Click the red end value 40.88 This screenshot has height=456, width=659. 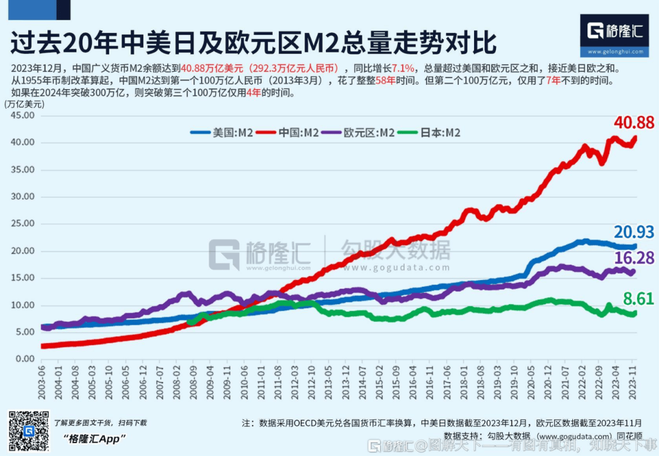[634, 123]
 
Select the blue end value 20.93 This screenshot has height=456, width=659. [634, 232]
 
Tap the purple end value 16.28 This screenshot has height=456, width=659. [634, 258]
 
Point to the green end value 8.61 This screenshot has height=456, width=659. [638, 299]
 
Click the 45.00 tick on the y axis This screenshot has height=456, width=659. [23, 115]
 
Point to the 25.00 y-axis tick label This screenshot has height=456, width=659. [23, 223]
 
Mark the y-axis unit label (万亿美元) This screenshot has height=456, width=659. [24, 104]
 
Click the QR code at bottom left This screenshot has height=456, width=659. [28, 431]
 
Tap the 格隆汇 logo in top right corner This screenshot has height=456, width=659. [614, 34]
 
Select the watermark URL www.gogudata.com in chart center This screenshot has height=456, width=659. [396, 267]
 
